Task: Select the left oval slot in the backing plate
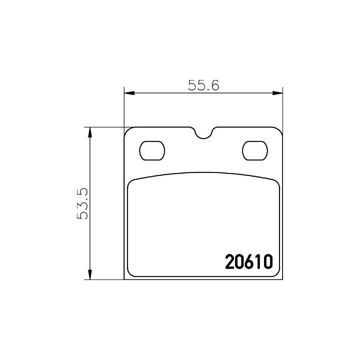coord(151,150)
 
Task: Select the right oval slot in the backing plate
coord(254,150)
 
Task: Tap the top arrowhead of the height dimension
coord(90,132)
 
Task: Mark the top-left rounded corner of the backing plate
coord(128,131)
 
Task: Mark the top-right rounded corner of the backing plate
coord(278,131)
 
